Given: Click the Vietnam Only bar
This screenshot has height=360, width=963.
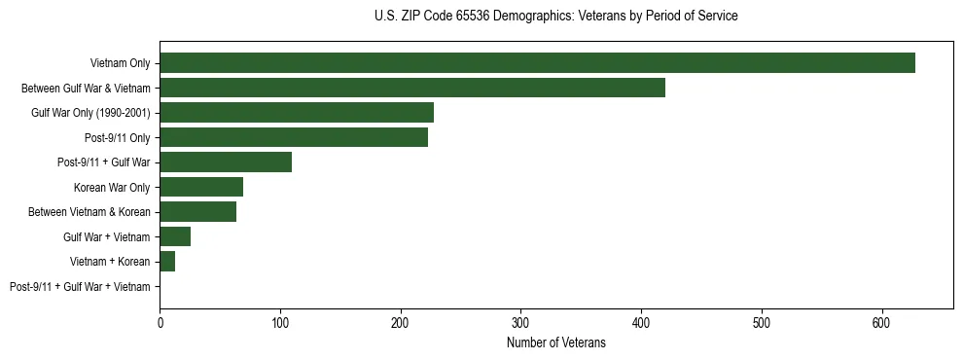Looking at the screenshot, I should coord(537,63).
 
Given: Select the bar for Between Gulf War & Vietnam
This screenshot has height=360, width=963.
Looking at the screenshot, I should coord(412,88).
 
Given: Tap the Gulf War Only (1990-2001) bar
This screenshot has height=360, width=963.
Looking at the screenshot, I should coord(297,113).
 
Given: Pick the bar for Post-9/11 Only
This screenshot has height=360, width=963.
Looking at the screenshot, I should coord(294,137).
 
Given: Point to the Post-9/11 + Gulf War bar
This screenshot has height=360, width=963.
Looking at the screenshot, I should coord(226,162).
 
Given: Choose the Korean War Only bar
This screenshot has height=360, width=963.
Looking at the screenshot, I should coord(201,187).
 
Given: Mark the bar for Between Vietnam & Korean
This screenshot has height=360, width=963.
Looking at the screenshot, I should coord(197,212).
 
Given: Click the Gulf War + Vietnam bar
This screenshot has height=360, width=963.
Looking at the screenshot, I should coord(175,236).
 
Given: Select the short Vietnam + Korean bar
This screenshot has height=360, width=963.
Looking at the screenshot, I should coord(167,262).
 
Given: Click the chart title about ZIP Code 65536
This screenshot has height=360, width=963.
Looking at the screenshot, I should coord(555,17).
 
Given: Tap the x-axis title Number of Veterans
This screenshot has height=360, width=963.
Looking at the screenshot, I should coord(555,343).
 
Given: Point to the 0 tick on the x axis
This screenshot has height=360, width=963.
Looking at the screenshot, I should coord(160,322).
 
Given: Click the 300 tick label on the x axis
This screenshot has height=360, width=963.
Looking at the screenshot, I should coord(520,322).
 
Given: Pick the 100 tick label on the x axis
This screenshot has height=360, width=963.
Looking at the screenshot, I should coord(280,322).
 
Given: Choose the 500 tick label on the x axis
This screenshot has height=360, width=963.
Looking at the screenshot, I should coord(762,322).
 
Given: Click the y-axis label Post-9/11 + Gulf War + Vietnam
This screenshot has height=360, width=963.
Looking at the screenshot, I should coord(80,287).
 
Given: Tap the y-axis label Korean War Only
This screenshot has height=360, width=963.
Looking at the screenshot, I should coord(112,188).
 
